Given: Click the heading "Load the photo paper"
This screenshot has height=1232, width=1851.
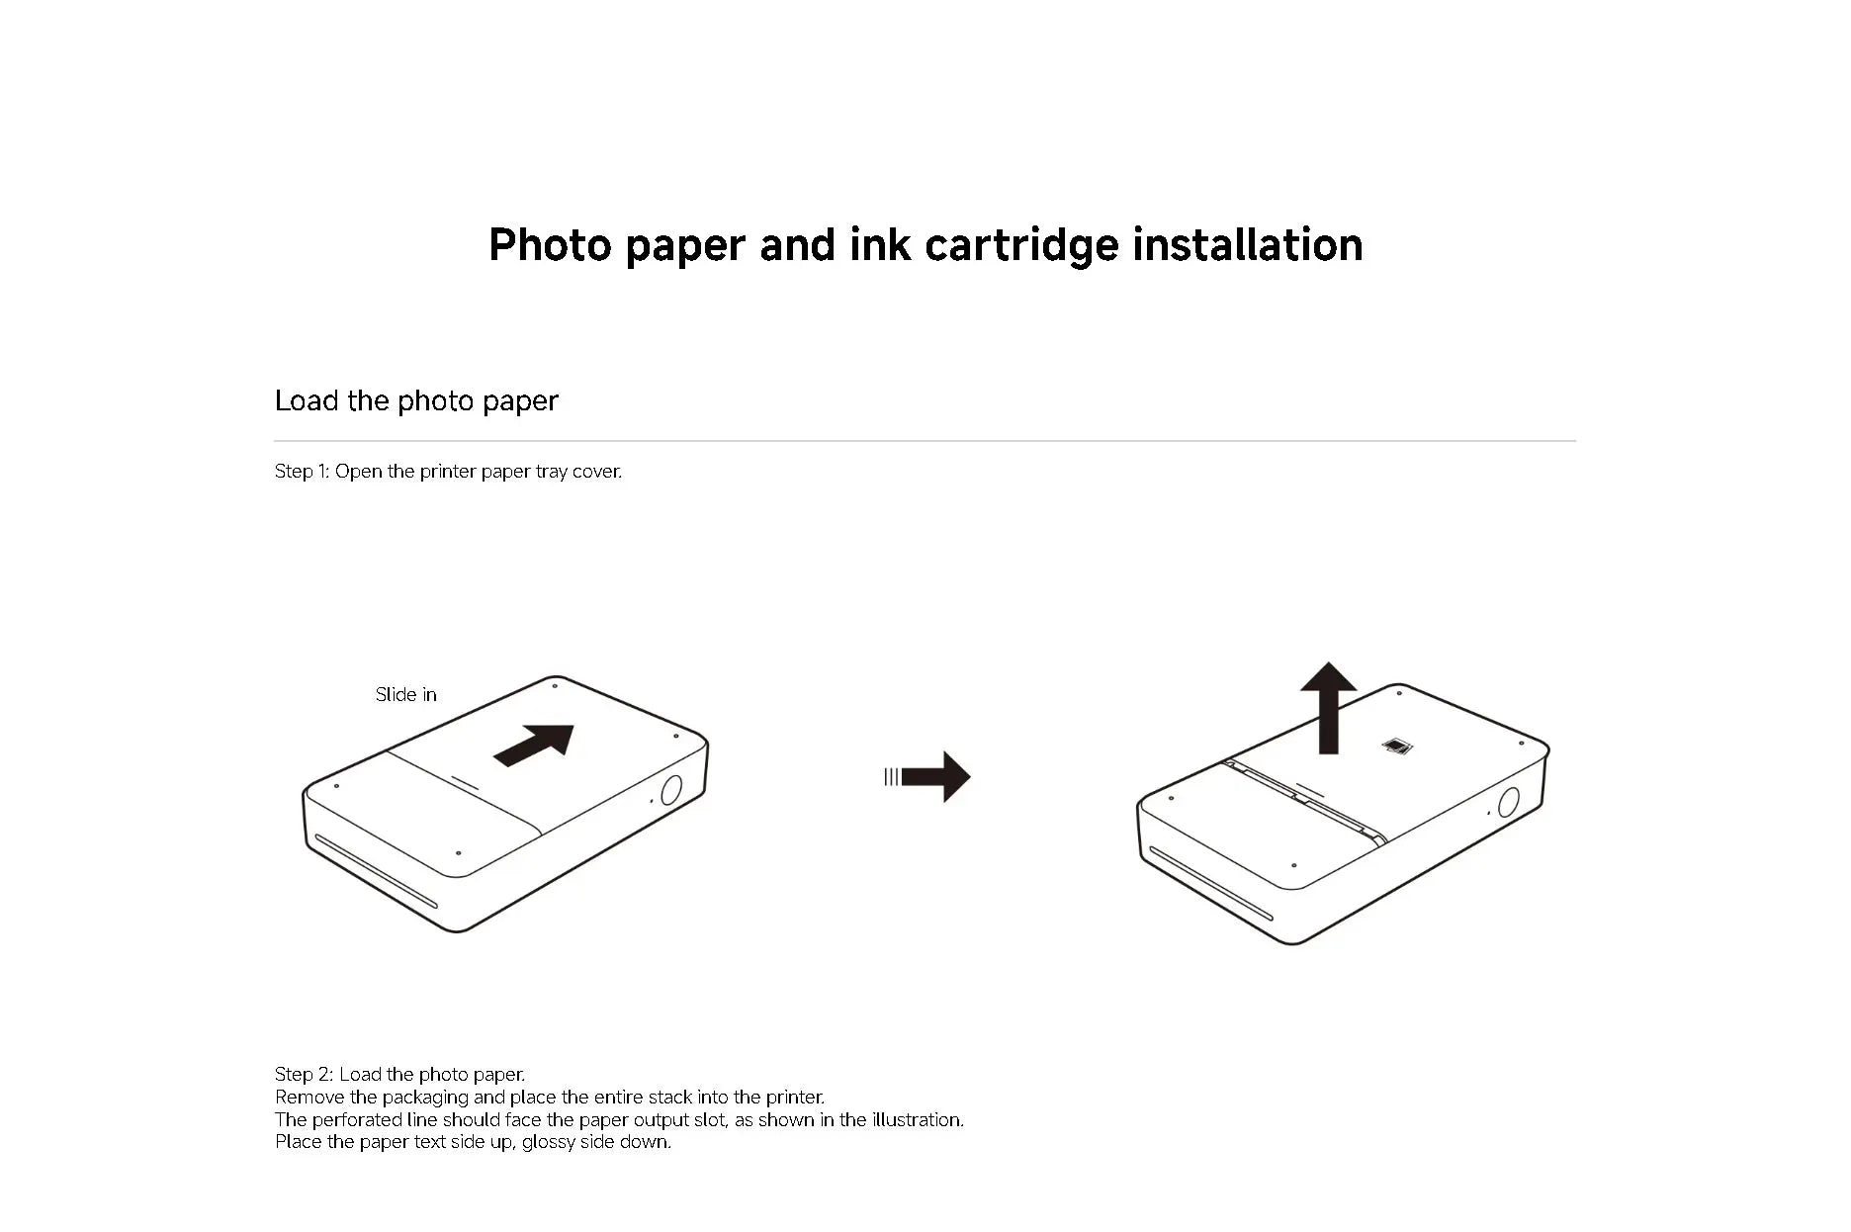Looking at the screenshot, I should tap(416, 400).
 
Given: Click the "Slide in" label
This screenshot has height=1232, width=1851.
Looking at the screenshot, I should tap(405, 695).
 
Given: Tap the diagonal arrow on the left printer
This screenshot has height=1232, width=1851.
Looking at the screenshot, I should tap(534, 745).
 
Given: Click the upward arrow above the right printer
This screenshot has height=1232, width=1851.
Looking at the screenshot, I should tap(1328, 706).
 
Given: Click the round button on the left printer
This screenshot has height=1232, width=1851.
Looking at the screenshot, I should tap(670, 790).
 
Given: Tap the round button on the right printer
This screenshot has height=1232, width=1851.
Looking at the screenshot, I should tap(1508, 801).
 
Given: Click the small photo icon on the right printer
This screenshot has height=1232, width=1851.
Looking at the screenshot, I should tap(1395, 747).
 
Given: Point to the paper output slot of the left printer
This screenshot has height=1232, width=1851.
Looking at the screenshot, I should tap(376, 871).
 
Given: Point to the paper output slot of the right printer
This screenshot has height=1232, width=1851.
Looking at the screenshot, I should tap(1210, 883).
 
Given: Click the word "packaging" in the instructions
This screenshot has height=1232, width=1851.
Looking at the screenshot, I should tap(425, 1098).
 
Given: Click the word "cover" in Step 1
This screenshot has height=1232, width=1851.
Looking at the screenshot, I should tap(596, 472).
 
